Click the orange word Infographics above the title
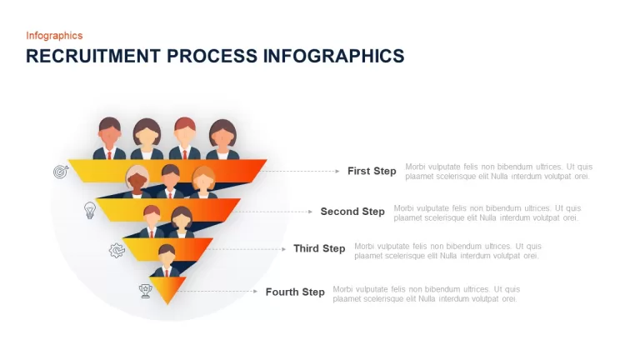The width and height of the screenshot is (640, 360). [x=54, y=36]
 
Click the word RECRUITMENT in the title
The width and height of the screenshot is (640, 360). [x=93, y=56]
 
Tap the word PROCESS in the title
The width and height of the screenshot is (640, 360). [x=212, y=56]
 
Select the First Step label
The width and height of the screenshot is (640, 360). [x=372, y=171]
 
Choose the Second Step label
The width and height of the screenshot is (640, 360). [x=352, y=212]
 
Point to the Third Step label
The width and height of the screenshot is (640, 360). [x=319, y=248]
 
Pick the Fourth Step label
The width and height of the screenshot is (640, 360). [x=295, y=292]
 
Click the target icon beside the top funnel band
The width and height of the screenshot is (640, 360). [x=61, y=172]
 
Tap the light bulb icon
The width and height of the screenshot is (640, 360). [x=90, y=210]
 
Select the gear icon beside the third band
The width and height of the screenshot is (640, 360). [x=117, y=250]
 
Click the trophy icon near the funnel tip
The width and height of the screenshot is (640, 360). [x=145, y=291]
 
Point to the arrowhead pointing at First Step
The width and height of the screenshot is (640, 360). [x=337, y=171]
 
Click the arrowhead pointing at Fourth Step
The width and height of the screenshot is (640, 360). [x=256, y=292]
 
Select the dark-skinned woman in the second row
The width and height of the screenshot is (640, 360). [x=137, y=182]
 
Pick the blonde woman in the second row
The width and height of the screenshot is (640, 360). [x=203, y=182]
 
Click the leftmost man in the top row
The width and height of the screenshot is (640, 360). [x=109, y=138]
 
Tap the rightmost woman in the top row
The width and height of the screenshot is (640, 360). [x=222, y=139]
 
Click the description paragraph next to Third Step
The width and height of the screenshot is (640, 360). [x=447, y=251]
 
